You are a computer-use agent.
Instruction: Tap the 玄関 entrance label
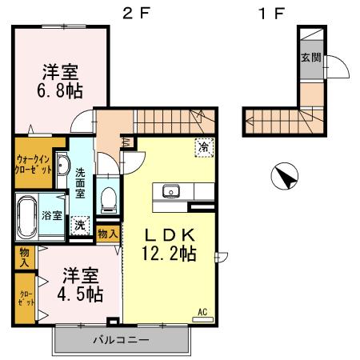tap(311, 58)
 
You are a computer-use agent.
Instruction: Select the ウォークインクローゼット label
tap(34, 164)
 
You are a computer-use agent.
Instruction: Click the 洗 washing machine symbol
tap(80, 225)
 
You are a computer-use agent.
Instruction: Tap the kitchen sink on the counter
tap(170, 190)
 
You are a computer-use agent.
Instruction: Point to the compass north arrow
tap(283, 175)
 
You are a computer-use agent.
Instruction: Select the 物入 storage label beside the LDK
tap(107, 234)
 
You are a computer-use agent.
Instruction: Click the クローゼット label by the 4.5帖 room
tap(24, 299)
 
